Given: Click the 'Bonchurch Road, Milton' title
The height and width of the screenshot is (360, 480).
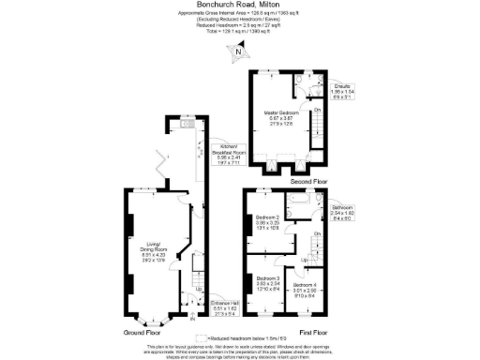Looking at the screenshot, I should pyautogui.click(x=239, y=5).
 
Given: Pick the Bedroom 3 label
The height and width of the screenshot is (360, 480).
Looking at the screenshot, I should pyautogui.click(x=268, y=283).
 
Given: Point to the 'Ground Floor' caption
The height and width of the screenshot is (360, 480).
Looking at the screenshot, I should pyautogui.click(x=142, y=333).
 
